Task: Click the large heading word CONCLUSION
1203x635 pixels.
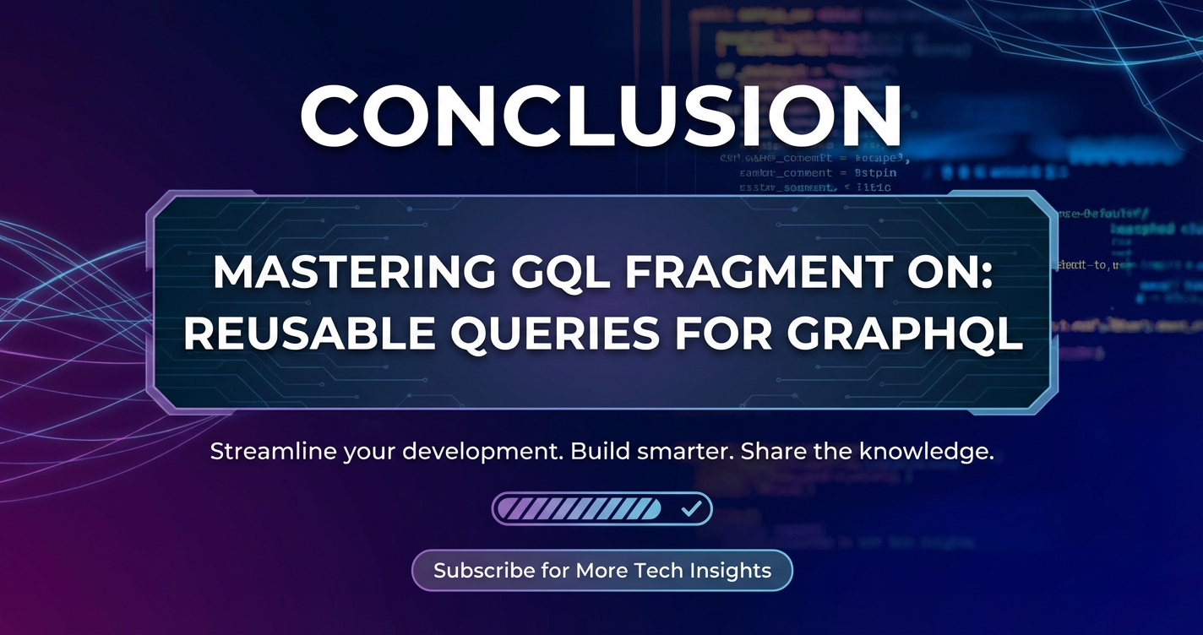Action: point(601,117)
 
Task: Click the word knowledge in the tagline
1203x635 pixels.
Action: point(926,452)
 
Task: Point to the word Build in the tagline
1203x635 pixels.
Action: point(595,452)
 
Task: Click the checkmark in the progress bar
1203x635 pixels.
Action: point(692,509)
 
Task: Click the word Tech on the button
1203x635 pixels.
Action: point(654,571)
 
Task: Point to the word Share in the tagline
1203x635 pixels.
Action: point(772,452)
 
